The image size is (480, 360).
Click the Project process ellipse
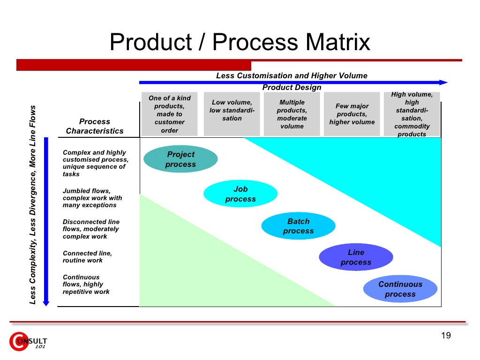(180, 159)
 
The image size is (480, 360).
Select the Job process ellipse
(240, 194)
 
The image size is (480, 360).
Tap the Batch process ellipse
(299, 226)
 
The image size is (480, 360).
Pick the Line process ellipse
(356, 257)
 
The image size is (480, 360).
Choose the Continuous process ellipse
(400, 289)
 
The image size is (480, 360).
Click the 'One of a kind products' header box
(170, 114)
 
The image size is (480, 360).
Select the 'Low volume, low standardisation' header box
(232, 114)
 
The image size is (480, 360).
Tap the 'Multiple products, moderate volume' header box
(292, 114)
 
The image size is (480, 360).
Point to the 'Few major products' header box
(352, 114)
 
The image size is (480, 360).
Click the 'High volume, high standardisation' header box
(412, 114)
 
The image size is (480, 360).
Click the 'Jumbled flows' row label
(92, 198)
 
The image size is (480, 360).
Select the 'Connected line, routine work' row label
(88, 257)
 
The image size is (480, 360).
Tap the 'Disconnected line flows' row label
(91, 229)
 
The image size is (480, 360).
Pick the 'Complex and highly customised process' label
(96, 163)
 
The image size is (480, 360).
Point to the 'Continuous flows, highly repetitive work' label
(86, 285)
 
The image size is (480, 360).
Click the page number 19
(446, 336)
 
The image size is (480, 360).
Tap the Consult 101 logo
(28, 341)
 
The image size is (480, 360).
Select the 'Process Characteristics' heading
(95, 126)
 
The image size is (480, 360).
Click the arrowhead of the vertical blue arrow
(46, 303)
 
